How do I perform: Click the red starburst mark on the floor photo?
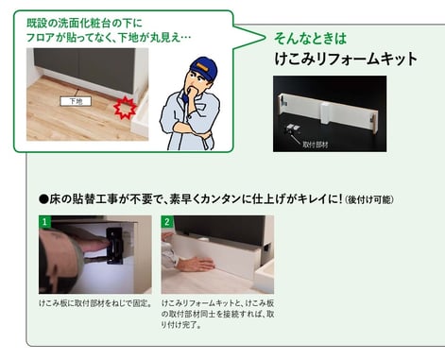click(125, 108)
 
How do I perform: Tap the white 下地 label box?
click(76, 101)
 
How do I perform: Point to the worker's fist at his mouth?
click(193, 93)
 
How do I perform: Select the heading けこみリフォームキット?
click(346, 59)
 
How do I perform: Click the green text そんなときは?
click(310, 38)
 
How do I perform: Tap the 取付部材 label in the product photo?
click(315, 145)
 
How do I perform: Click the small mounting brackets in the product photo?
click(293, 129)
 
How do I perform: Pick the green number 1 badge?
click(44, 221)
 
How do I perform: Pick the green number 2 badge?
click(167, 221)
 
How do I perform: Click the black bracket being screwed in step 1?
click(114, 246)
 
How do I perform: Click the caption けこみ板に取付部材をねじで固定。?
click(95, 303)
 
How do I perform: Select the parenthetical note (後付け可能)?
click(369, 199)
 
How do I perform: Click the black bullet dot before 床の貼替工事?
click(43, 199)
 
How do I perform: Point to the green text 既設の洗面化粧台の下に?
click(84, 23)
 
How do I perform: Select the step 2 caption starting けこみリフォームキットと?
click(217, 314)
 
